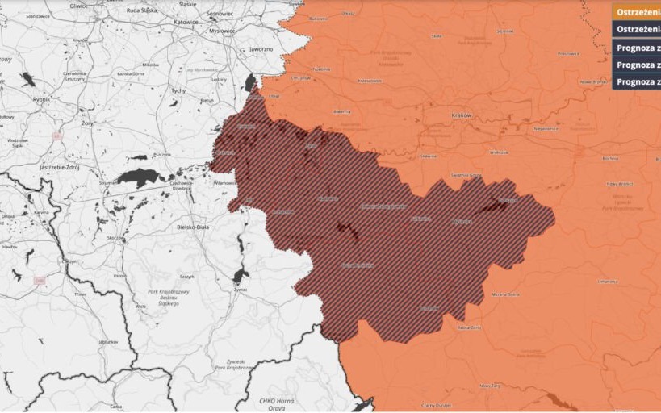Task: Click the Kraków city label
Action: [461, 115]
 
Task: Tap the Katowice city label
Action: [185, 22]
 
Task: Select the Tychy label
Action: [178, 91]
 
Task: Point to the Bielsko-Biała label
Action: [193, 227]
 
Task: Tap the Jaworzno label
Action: [261, 48]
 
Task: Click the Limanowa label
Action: [608, 281]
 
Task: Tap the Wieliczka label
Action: [498, 152]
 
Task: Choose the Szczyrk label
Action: [187, 276]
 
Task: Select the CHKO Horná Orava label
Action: [277, 403]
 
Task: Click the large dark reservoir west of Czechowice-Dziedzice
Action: [139, 177]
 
